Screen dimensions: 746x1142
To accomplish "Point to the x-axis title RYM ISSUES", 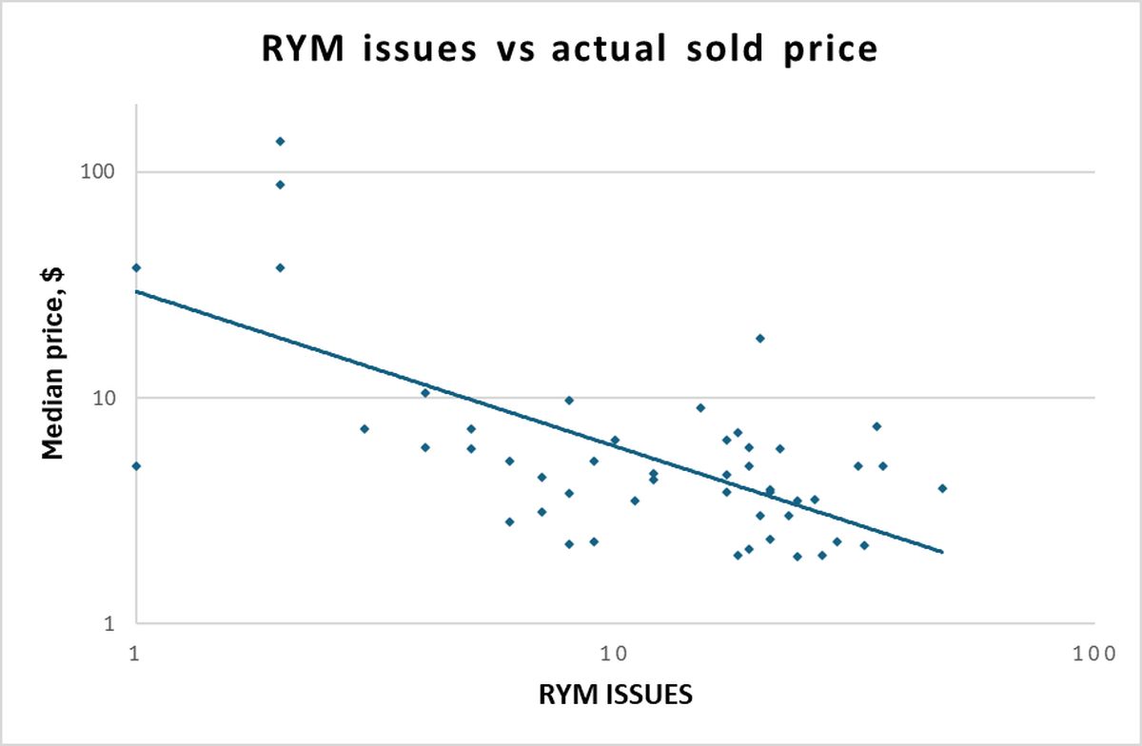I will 617,694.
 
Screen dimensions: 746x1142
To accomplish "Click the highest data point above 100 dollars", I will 280,142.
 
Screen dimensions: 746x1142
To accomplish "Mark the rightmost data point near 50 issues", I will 942,488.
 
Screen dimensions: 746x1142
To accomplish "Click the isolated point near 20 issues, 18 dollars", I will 759,338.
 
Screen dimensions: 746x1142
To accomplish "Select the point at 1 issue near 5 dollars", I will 136,466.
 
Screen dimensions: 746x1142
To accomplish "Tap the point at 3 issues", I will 364,429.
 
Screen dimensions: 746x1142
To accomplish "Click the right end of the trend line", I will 942,552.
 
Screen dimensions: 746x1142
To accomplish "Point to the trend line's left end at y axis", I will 137,291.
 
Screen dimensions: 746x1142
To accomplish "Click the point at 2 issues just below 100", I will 280,185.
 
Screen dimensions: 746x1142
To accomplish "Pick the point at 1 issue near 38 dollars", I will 136,267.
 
